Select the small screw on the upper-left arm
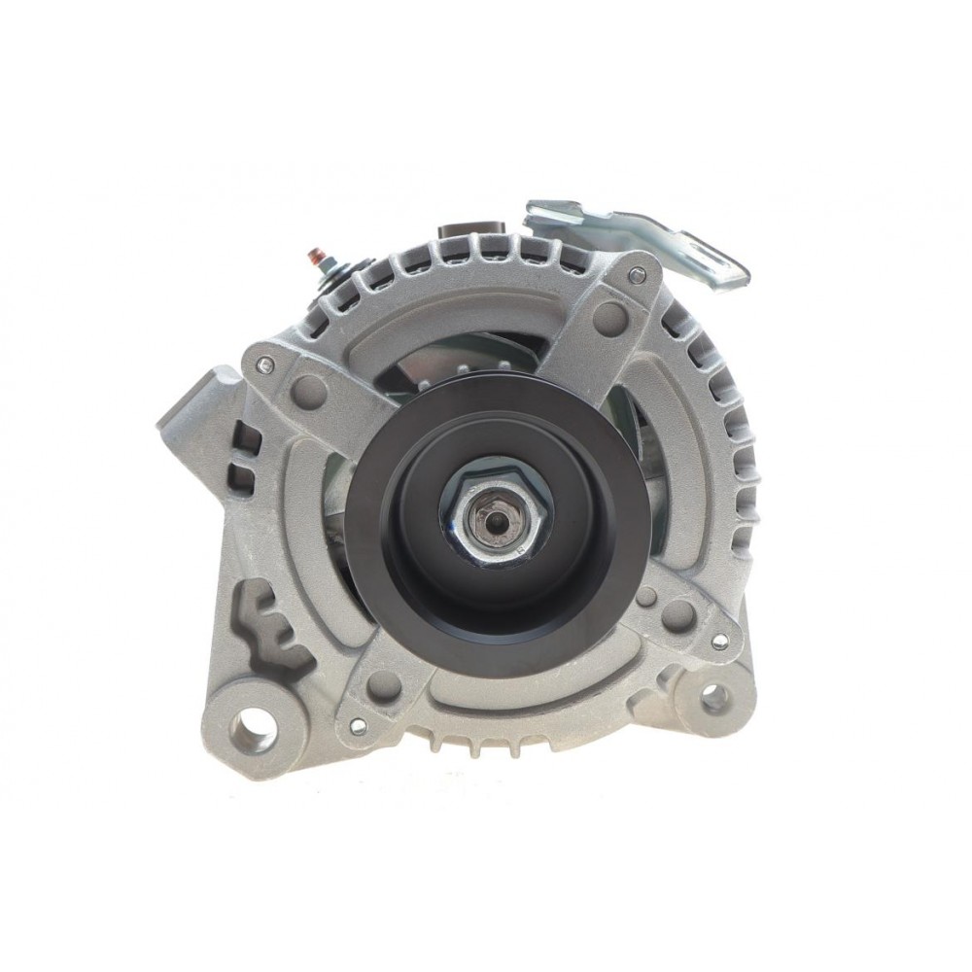click(265, 364)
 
